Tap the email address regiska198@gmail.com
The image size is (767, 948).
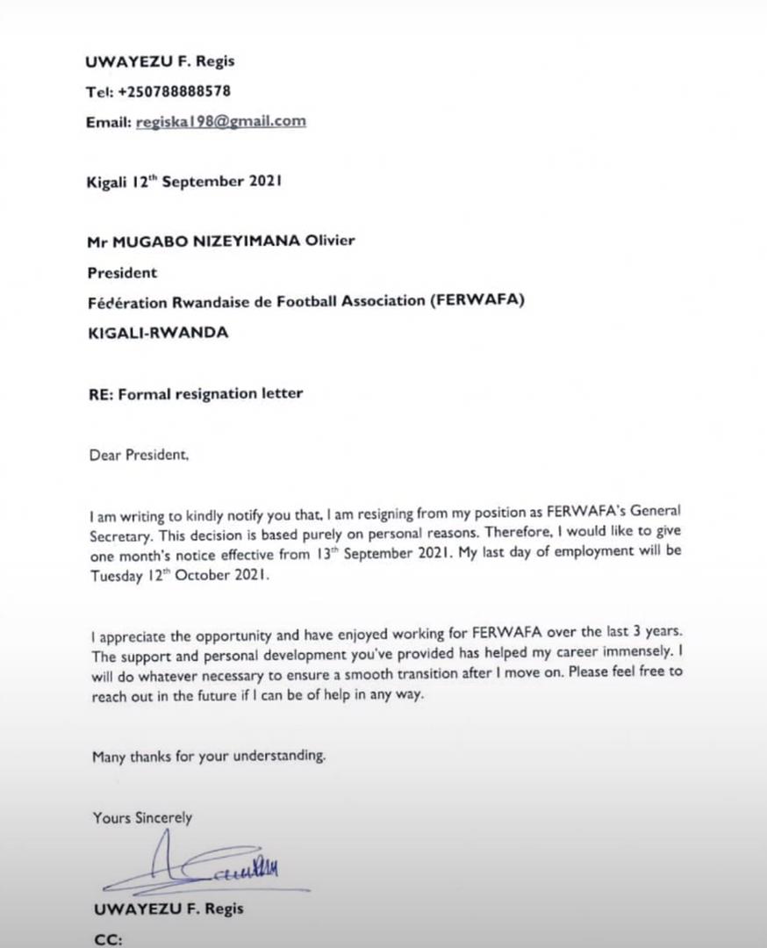(x=221, y=122)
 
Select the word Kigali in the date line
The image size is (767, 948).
(x=106, y=182)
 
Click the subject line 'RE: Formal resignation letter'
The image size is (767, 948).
(x=195, y=393)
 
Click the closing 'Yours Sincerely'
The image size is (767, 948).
(x=142, y=817)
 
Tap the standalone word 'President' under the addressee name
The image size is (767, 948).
(x=122, y=272)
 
